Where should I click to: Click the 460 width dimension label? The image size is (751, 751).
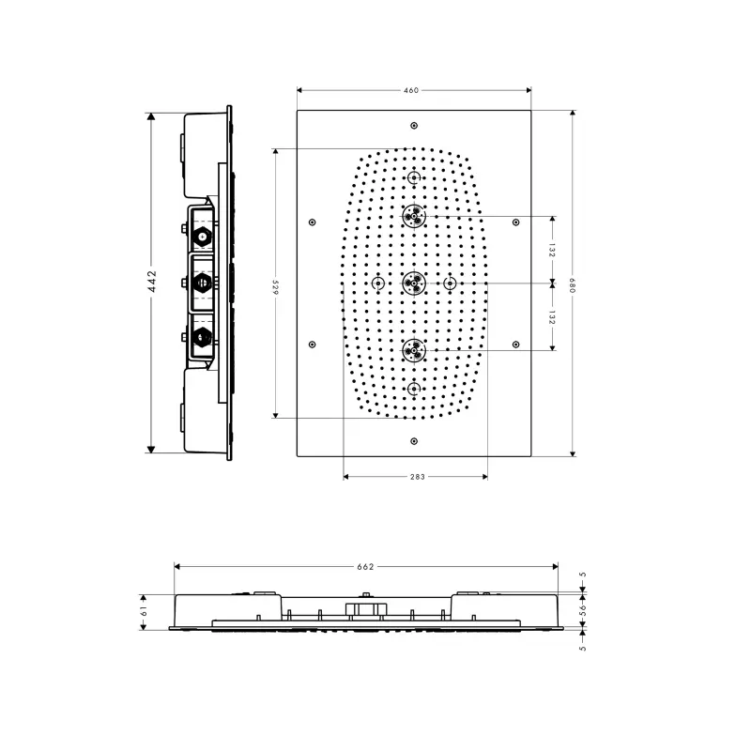click(x=411, y=90)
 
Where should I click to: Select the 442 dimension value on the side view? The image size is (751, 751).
click(x=152, y=281)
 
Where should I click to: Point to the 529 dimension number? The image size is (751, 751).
click(x=275, y=287)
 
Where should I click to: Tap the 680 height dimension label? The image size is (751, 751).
click(x=573, y=285)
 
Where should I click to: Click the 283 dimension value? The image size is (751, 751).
click(x=418, y=477)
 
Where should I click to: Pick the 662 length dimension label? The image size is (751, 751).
click(x=365, y=567)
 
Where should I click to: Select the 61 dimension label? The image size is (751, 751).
click(x=144, y=611)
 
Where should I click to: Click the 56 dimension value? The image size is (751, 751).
click(x=582, y=609)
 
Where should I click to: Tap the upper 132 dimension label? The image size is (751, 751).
click(x=552, y=250)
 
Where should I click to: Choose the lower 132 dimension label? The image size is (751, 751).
click(x=552, y=317)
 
